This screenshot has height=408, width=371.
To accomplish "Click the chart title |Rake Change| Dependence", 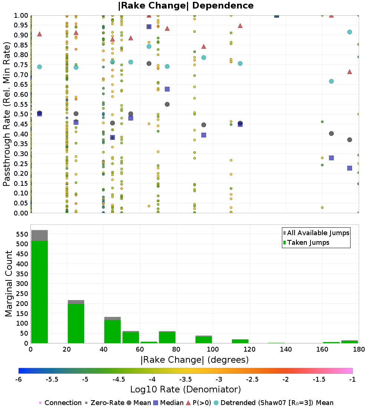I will [185, 6].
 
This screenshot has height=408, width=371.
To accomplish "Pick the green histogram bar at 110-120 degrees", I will [240, 341].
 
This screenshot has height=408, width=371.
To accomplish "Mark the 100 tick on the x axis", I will [213, 349].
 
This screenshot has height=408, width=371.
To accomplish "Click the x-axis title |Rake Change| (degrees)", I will [194, 360].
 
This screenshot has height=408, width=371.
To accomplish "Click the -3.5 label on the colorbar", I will [185, 379].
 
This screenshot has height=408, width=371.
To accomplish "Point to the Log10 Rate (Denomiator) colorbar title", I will [185, 389].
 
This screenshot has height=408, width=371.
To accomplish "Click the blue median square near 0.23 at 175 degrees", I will [349, 168].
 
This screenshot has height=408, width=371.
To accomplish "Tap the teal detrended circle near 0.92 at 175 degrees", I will [349, 32].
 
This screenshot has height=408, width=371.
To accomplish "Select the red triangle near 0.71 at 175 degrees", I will [349, 72].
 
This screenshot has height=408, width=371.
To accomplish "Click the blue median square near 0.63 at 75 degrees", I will [167, 89].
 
